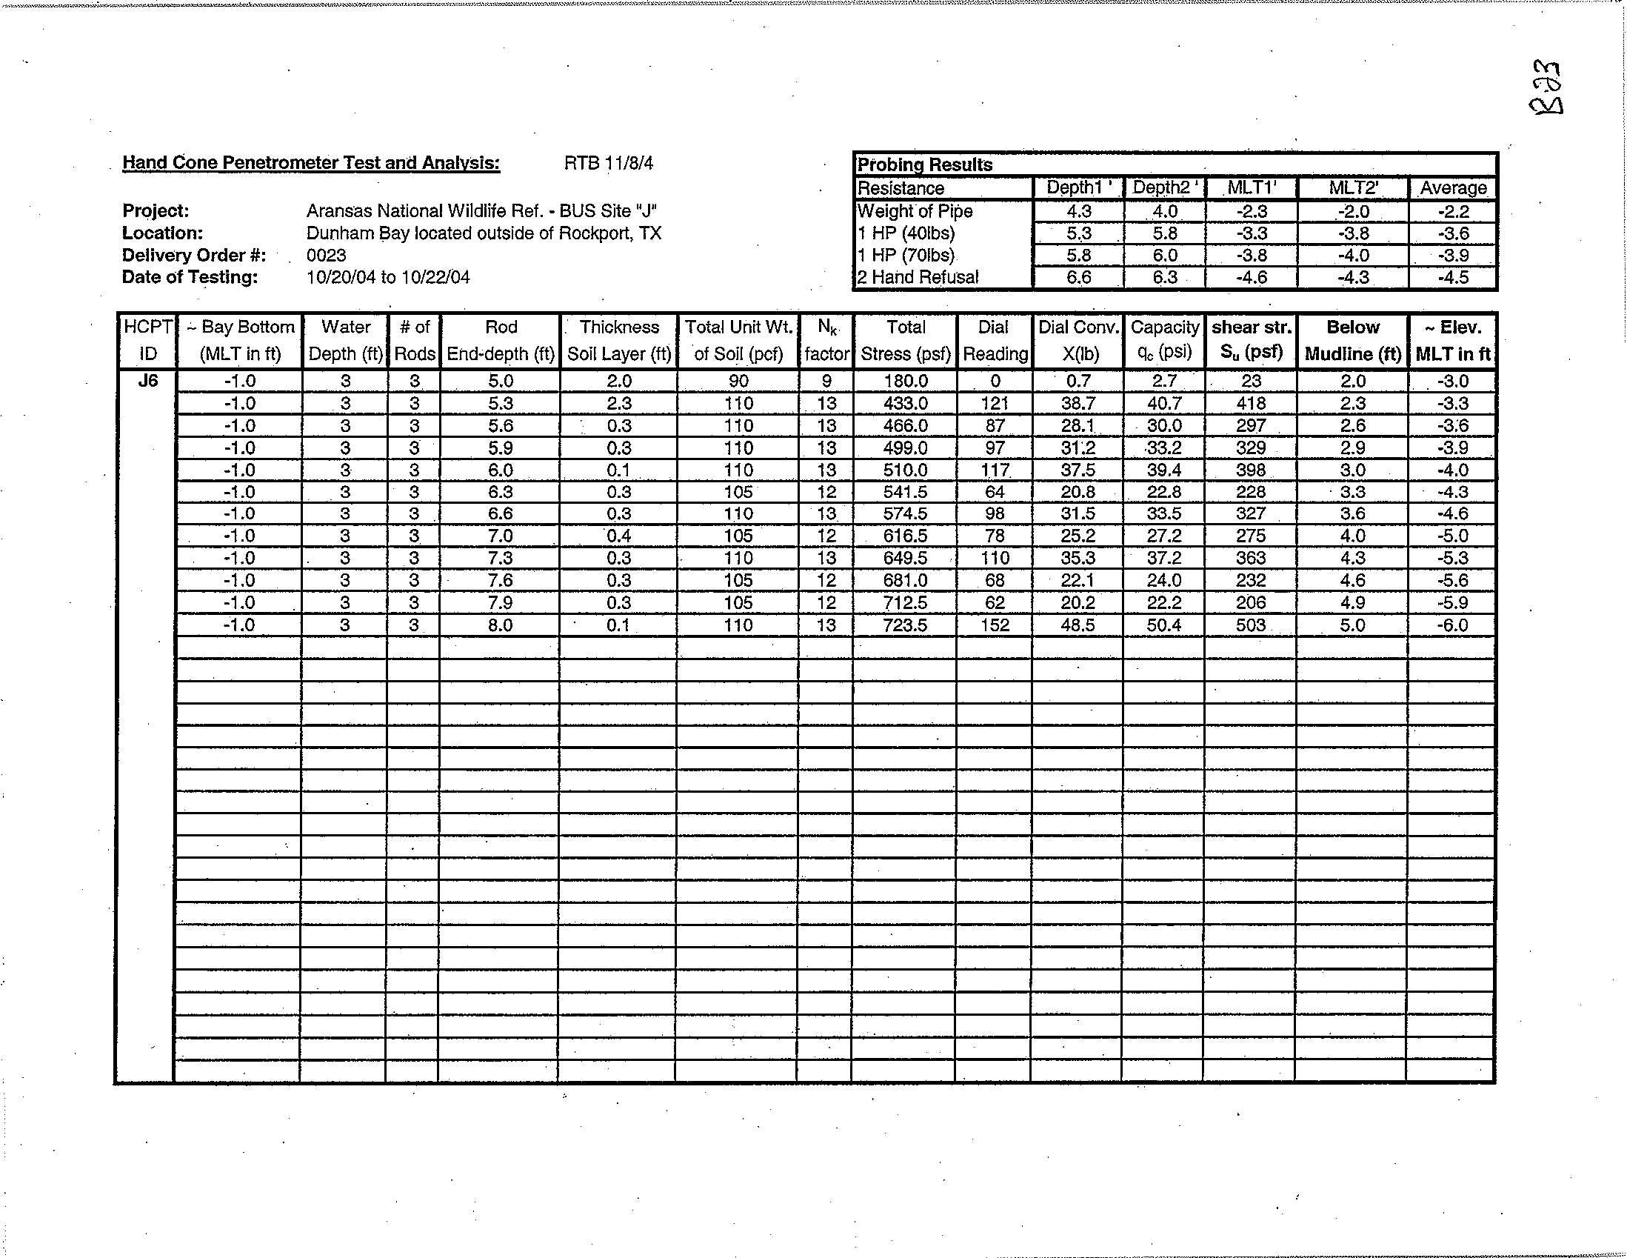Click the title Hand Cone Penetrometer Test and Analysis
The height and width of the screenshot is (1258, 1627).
[x=310, y=162]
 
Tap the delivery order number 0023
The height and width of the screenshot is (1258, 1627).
[x=327, y=256]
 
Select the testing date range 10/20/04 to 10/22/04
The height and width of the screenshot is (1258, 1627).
[x=388, y=278]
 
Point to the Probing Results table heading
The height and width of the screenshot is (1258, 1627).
[x=924, y=164]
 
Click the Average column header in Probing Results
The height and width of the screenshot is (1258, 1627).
[x=1453, y=188]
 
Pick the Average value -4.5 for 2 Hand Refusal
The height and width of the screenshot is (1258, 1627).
[x=1453, y=278]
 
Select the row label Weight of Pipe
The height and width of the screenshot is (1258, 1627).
[x=915, y=212]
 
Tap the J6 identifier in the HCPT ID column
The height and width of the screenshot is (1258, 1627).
[x=148, y=381]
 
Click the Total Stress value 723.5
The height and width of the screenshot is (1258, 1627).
[x=905, y=625]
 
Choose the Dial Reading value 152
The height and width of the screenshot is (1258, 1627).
[x=995, y=625]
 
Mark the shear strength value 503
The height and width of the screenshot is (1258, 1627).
[x=1250, y=625]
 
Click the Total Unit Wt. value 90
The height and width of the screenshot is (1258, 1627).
[x=738, y=382]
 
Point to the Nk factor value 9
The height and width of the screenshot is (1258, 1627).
[x=826, y=382]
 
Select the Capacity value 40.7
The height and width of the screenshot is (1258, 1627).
[x=1164, y=404]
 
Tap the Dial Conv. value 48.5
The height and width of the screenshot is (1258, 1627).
[x=1078, y=625]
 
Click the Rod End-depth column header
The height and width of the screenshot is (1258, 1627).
[x=501, y=340]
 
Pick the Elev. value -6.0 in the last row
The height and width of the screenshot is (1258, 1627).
[x=1453, y=625]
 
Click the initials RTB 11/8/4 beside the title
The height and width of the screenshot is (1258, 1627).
[x=609, y=163]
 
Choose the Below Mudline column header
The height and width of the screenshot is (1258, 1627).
[x=1353, y=340]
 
